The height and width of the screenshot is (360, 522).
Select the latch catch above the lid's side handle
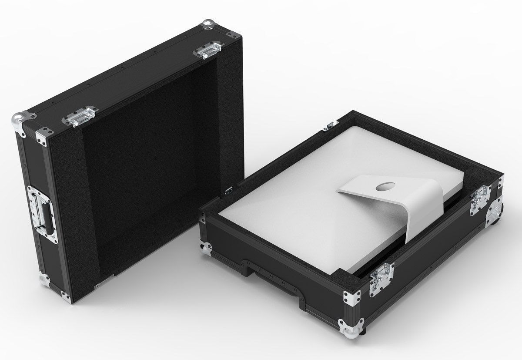point(81,116)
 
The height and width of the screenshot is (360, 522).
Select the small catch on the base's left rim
point(228,190)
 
